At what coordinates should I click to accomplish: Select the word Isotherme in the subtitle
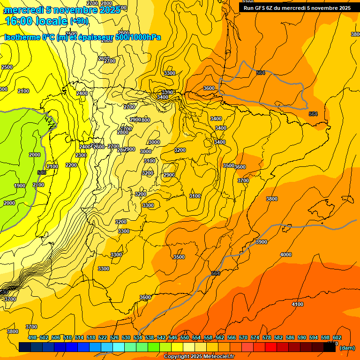point(22,37)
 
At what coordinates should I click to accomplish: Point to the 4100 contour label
point(298,305)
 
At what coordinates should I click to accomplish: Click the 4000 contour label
point(285,255)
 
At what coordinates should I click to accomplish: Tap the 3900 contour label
point(262,242)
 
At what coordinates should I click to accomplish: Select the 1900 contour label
point(20,186)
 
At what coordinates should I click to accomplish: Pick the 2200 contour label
point(71,165)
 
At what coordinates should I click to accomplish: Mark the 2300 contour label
point(81,155)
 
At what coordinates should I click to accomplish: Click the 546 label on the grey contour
point(41,172)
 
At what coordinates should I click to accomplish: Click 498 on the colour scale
point(32,337)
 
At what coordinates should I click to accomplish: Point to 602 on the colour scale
point(337,337)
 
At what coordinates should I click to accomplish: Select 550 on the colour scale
point(185,337)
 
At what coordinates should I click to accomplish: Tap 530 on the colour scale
point(126,337)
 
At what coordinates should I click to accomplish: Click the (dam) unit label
point(347,347)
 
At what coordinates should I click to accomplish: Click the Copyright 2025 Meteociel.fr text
point(199,357)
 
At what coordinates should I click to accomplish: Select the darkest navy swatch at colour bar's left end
point(25,347)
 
